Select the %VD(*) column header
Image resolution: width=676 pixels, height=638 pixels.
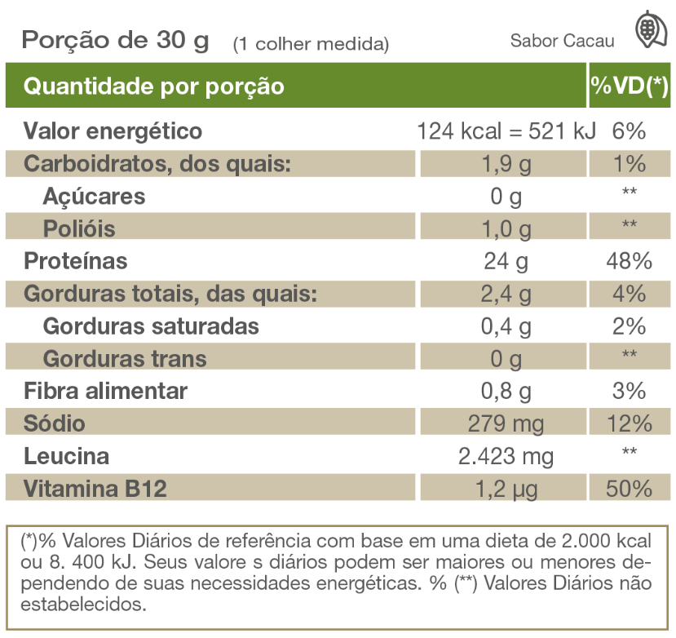click(x=630, y=86)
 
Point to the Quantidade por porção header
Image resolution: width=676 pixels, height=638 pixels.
click(x=154, y=86)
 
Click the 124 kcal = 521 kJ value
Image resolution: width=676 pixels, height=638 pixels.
click(x=506, y=131)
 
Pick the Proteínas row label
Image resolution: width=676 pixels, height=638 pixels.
click(x=76, y=261)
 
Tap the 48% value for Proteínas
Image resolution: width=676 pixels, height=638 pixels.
click(x=630, y=261)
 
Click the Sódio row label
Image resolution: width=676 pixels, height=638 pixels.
click(x=55, y=423)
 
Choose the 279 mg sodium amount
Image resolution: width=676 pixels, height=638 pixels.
click(x=506, y=423)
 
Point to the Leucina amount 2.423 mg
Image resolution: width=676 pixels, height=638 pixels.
click(x=506, y=455)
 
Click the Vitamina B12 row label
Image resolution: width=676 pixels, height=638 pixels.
click(x=95, y=488)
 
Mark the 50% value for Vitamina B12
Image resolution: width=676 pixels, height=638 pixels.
click(x=630, y=488)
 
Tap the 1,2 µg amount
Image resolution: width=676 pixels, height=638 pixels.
click(x=506, y=488)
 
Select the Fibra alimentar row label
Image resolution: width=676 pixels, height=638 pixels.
click(x=106, y=391)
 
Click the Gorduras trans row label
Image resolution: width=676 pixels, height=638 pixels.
click(x=125, y=358)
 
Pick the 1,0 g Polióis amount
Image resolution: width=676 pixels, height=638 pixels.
click(x=506, y=228)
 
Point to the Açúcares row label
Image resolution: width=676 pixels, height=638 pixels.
click(x=95, y=196)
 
